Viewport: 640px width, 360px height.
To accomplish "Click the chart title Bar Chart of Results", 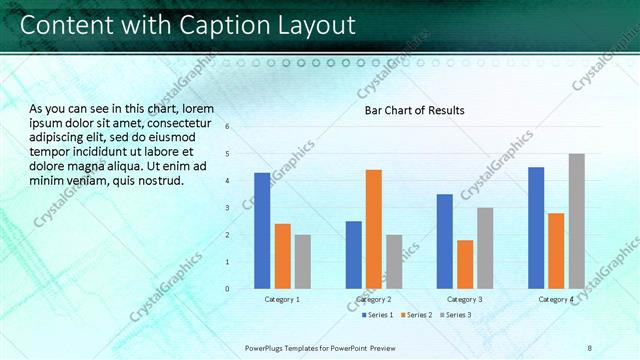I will click(x=414, y=110).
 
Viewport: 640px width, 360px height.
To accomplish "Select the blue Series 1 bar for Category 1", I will click(x=262, y=230).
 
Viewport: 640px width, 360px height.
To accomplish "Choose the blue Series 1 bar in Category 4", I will click(x=536, y=227).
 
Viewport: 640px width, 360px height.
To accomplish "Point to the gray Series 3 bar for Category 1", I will click(x=303, y=261).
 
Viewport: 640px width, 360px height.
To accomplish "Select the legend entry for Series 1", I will click(x=375, y=315).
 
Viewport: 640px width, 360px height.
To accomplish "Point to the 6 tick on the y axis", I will click(x=228, y=127).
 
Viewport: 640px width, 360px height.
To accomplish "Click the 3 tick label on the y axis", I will click(x=228, y=208).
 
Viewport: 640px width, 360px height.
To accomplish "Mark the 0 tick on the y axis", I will click(x=228, y=289).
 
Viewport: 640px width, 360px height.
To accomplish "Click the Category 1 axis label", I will click(x=282, y=299).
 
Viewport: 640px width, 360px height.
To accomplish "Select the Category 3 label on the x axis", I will click(x=465, y=299).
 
